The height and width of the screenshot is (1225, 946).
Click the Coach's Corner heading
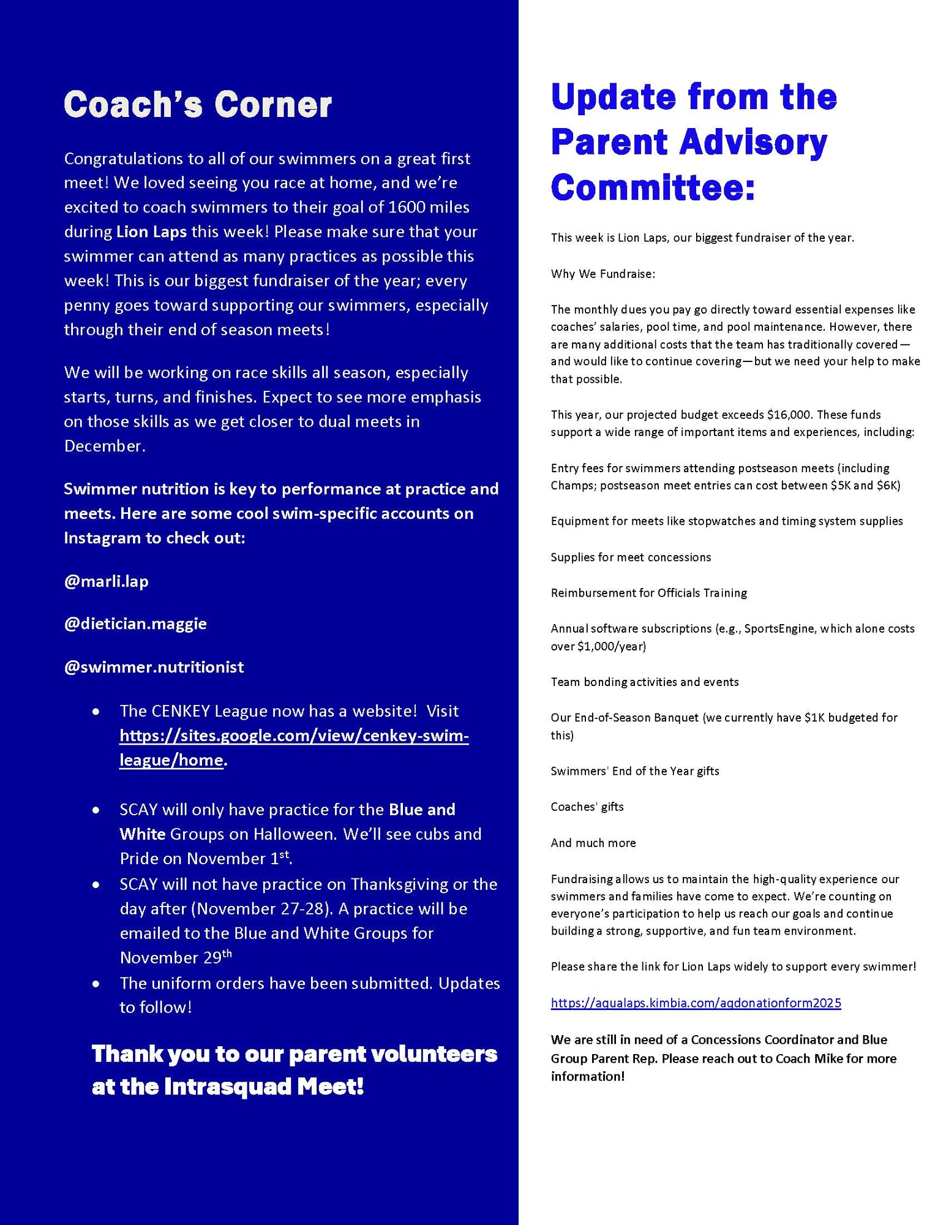click(198, 105)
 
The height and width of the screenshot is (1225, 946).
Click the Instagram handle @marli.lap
click(106, 581)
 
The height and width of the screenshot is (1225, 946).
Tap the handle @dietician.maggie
click(135, 624)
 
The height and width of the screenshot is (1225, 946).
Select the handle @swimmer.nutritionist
click(154, 666)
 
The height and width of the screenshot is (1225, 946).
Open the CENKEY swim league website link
click(294, 736)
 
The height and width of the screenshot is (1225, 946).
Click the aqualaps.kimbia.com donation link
click(696, 1003)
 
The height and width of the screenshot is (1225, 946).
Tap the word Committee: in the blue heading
click(653, 187)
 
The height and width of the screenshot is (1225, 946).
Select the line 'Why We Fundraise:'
click(603, 274)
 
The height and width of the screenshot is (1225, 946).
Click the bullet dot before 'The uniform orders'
click(96, 984)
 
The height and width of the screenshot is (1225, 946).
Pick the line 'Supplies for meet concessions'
click(631, 557)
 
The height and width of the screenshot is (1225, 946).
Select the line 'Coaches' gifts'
click(587, 807)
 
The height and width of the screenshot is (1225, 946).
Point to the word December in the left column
click(105, 446)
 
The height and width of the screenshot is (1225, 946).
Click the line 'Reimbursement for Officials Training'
click(648, 593)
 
